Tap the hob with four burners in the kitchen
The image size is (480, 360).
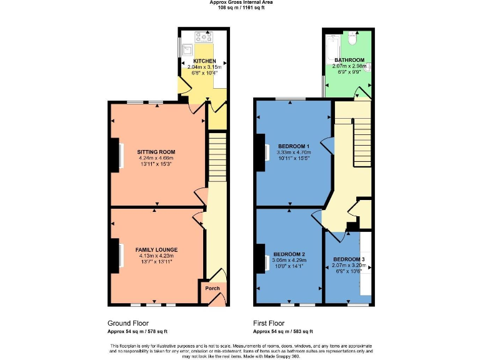[x=203, y=36]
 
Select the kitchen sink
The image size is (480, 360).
[x=187, y=47]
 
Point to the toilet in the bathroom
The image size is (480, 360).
[x=352, y=39]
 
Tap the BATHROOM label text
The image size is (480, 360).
[x=349, y=60]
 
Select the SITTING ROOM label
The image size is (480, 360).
[x=156, y=152]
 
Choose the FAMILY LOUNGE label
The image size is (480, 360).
[x=154, y=249]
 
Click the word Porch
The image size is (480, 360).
[x=212, y=289]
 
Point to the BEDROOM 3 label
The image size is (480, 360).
[x=348, y=259]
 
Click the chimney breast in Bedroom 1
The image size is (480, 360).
[x=259, y=153]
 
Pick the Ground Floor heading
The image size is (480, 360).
[x=127, y=323]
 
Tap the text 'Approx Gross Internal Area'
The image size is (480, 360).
[x=241, y=2]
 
